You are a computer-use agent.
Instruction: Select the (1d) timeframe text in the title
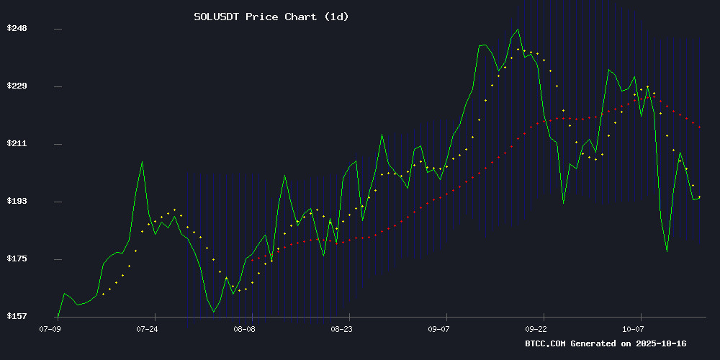coord(333,17)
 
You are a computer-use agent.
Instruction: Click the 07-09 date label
coord(50,328)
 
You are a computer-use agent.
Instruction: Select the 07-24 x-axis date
coord(147,328)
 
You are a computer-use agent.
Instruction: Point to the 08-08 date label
coord(244,328)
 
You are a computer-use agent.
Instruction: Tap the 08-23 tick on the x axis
coord(342,328)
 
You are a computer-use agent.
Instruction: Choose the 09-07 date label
coord(439,328)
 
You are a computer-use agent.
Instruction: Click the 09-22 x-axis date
coord(536,328)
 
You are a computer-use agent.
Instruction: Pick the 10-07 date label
coord(634,328)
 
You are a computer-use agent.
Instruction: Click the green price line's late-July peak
coord(142,162)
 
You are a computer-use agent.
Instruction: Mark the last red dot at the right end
coord(700,127)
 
